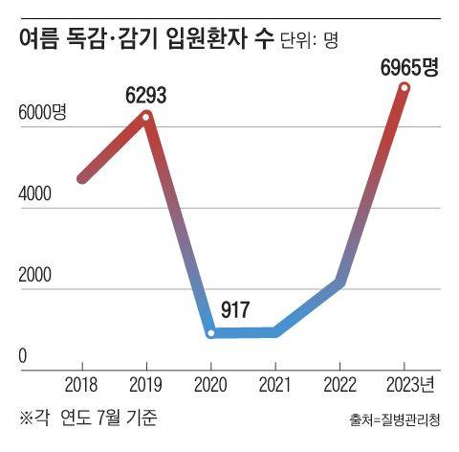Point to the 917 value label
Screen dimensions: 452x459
pyautogui.click(x=235, y=309)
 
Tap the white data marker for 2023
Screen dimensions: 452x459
pyautogui.click(x=404, y=88)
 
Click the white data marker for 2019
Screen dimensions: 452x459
pyautogui.click(x=146, y=116)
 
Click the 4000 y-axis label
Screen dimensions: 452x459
pyautogui.click(x=33, y=194)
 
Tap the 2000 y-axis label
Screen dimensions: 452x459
pyautogui.click(x=33, y=276)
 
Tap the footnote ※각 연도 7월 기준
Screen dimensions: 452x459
pyautogui.click(x=87, y=418)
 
